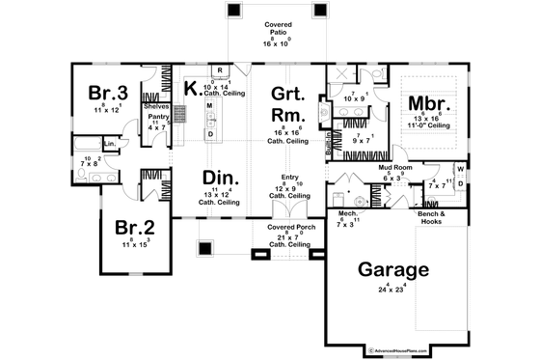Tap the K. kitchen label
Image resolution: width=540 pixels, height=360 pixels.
[x=192, y=89]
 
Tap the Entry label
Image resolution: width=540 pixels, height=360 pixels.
[x=290, y=177]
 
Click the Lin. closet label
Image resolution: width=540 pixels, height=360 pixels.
[x=110, y=145]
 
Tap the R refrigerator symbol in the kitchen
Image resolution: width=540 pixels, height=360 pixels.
[x=220, y=71]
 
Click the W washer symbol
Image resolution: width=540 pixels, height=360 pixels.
[x=460, y=170]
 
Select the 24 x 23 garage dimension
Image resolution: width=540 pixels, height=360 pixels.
[x=391, y=288]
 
